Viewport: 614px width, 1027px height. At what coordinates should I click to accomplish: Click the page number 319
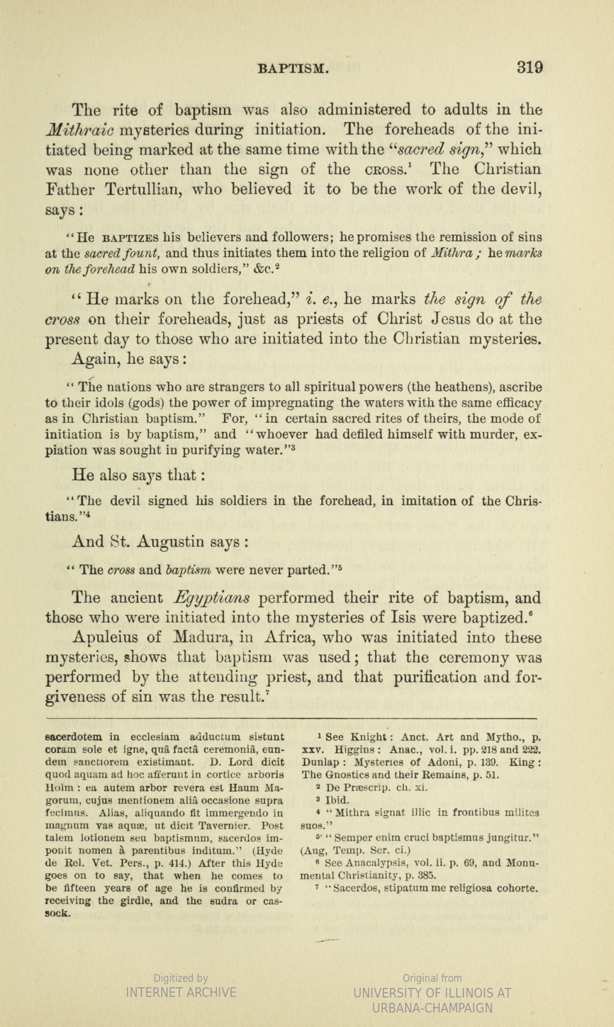coord(530,67)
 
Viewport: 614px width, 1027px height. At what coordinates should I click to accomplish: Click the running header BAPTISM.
coord(293,68)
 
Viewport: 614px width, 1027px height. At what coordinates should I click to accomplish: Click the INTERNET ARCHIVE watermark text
coord(181,992)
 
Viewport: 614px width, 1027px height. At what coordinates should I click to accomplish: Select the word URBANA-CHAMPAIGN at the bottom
coord(432,1008)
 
